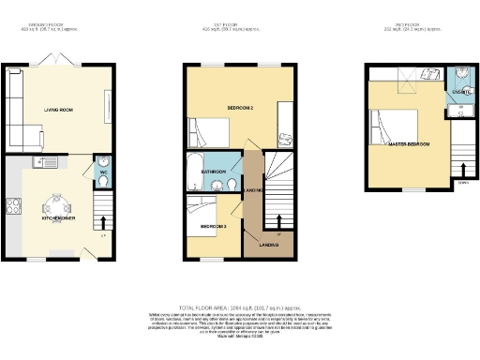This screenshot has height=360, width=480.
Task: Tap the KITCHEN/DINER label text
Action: (x=61, y=217)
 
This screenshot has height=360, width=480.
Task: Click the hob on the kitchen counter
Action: (x=16, y=208)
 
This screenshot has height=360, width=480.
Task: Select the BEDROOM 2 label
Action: (x=240, y=108)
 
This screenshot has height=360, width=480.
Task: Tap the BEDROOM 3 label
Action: (x=213, y=226)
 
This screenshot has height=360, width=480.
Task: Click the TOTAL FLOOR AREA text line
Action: (x=239, y=306)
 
